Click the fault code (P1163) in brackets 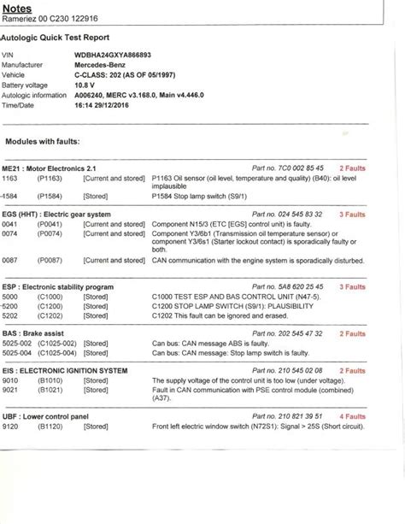click(x=50, y=179)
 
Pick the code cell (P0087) click(x=50, y=258)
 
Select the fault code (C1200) click(x=50, y=305)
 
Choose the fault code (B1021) click(x=50, y=392)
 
